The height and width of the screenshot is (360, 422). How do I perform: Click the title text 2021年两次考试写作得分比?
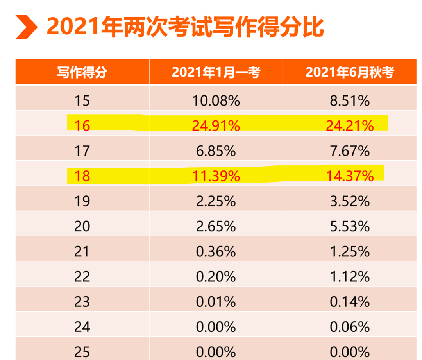coord(185,27)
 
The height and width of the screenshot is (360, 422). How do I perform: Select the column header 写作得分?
coord(82,72)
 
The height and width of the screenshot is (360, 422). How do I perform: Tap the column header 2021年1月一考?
coord(216,72)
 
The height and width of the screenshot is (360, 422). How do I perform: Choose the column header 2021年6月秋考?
coord(350,72)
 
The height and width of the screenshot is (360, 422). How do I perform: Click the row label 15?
coord(82,101)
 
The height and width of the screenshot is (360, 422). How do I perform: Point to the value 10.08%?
coord(216,101)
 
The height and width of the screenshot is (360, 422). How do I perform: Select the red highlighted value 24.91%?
coord(216,126)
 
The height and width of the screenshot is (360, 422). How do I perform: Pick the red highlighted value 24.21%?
coord(350,126)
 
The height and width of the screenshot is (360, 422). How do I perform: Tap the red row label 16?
coord(82,126)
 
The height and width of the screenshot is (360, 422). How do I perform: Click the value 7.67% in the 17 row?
coord(350,151)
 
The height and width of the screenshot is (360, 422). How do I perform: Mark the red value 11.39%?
coord(216,176)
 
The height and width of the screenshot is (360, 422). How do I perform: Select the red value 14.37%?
coord(350,176)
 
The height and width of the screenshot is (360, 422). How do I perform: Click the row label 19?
coord(82,201)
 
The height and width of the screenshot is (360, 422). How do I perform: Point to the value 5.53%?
coord(350,226)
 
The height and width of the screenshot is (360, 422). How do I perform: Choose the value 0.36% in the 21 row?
coord(216,251)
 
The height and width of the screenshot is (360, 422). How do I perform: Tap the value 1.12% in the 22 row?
coord(350,277)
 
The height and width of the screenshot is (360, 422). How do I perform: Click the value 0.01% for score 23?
coord(216,302)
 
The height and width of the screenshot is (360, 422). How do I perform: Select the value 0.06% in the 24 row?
coord(350,327)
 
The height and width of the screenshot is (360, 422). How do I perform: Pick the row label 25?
coord(82,351)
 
